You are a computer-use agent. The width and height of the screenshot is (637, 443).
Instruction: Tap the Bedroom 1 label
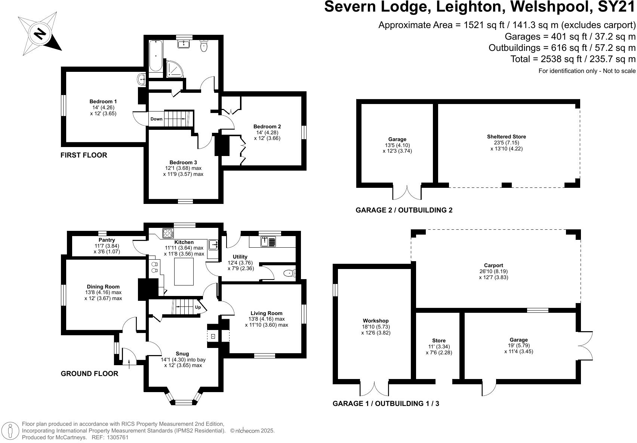(x=103, y=101)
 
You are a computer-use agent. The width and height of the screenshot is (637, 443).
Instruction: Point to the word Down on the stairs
(x=157, y=119)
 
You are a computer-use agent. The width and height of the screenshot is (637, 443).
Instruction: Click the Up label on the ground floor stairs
(x=198, y=307)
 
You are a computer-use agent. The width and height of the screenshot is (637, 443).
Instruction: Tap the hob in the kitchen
(x=168, y=233)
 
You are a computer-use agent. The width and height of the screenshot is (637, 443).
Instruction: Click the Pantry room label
(x=107, y=240)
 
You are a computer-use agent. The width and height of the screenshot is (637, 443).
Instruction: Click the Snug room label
(x=182, y=354)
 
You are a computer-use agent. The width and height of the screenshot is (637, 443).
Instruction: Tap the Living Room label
(x=267, y=313)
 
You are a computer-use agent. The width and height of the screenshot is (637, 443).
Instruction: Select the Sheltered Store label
(x=506, y=137)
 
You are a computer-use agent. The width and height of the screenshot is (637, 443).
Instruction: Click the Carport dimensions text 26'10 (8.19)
(x=493, y=271)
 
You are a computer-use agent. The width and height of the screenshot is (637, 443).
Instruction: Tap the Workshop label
(x=376, y=321)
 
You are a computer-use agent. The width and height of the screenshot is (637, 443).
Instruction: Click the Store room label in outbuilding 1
(x=439, y=340)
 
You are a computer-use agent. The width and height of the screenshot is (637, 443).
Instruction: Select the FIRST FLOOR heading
(x=84, y=155)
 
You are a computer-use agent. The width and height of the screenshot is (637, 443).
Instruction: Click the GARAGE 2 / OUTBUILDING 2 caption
(x=404, y=210)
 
